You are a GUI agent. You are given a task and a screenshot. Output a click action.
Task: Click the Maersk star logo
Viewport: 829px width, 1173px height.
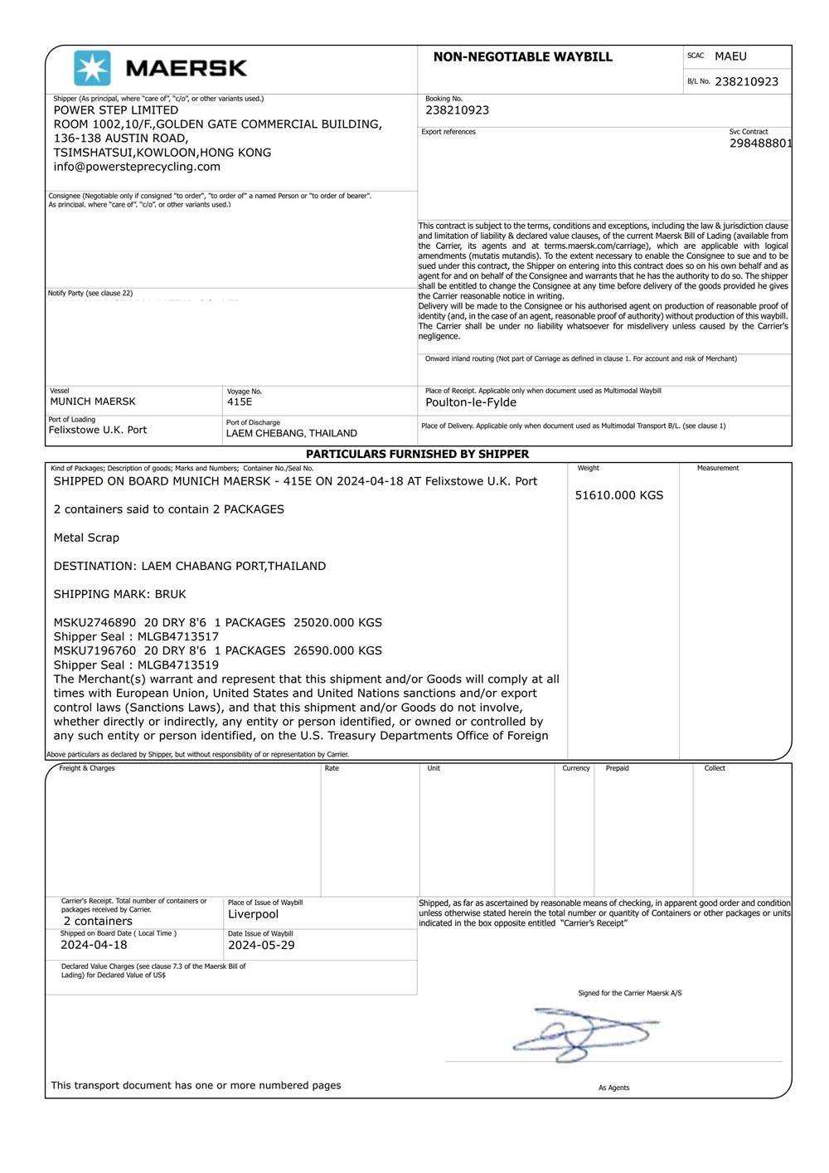click(92, 68)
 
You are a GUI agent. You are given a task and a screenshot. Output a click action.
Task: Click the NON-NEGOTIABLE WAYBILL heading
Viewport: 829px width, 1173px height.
click(522, 57)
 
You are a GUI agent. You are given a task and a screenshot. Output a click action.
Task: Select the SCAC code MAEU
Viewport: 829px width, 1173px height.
click(730, 56)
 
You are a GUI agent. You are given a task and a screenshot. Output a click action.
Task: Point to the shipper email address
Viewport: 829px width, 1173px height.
click(137, 167)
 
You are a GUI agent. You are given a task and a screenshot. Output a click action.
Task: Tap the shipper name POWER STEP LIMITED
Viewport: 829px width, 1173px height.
click(116, 110)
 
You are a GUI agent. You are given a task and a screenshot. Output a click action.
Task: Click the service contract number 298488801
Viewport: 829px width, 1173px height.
click(760, 144)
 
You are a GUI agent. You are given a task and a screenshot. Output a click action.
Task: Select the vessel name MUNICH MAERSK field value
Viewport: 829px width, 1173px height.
click(93, 402)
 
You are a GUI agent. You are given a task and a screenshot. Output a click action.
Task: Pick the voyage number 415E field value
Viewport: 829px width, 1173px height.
click(240, 402)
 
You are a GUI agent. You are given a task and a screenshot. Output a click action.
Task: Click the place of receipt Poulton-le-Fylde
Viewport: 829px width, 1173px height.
click(471, 402)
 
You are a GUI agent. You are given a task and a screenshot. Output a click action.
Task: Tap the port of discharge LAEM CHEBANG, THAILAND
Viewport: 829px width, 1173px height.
click(292, 433)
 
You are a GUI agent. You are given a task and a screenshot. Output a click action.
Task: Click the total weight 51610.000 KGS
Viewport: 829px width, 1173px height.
click(619, 495)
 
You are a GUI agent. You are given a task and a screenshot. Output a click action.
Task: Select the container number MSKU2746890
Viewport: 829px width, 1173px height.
click(95, 622)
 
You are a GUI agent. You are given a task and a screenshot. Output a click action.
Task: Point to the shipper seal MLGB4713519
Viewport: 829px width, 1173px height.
click(178, 664)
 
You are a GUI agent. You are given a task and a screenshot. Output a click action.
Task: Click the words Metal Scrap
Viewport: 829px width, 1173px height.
click(86, 538)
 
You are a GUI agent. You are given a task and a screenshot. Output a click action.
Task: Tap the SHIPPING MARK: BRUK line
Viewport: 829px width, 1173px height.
click(120, 594)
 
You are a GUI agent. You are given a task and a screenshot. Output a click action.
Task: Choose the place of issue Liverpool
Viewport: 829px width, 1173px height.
click(253, 914)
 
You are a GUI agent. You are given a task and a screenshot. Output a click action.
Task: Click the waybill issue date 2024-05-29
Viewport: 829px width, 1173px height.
click(261, 945)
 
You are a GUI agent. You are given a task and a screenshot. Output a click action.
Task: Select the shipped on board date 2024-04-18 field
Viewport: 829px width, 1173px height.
click(94, 945)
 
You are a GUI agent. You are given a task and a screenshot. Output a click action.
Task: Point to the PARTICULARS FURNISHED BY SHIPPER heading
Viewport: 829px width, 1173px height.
click(417, 454)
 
